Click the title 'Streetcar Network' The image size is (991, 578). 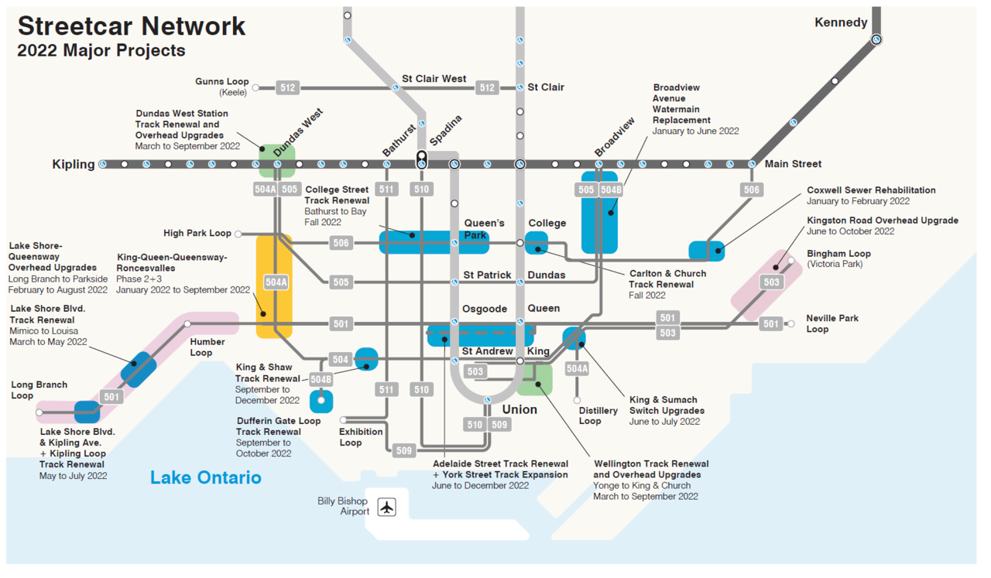tap(132, 26)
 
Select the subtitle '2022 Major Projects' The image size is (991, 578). tap(101, 51)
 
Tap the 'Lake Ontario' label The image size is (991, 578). tap(206, 477)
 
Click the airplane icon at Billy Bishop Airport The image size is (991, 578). tap(386, 507)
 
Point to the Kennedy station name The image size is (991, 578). tap(841, 22)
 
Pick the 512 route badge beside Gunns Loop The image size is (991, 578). tap(287, 88)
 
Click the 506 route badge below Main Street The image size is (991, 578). tap(751, 190)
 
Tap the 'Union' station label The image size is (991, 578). tap(519, 409)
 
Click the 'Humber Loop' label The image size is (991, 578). tap(207, 347)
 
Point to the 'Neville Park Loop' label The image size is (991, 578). tap(832, 323)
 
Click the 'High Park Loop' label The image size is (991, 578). tap(197, 233)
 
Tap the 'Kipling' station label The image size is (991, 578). tap(74, 164)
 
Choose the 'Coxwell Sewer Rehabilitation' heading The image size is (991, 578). tap(871, 190)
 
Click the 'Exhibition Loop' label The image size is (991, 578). tap(361, 437)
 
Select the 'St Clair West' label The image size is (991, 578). tap(434, 79)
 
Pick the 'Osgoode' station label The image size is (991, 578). tap(484, 309)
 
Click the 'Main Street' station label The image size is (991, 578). tap(793, 164)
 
